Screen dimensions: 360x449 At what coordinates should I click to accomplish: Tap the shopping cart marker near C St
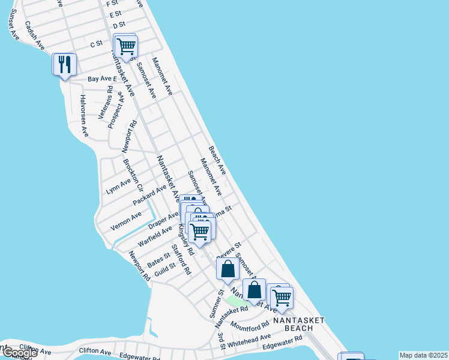pyautogui.click(x=125, y=46)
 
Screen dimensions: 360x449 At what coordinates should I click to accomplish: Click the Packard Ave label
pyautogui.click(x=149, y=196)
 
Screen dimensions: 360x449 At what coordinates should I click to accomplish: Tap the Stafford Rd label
pyautogui.click(x=181, y=259)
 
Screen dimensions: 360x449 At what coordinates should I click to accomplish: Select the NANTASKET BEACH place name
pyautogui.click(x=294, y=324)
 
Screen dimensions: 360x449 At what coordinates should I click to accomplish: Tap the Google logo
pyautogui.click(x=19, y=353)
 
